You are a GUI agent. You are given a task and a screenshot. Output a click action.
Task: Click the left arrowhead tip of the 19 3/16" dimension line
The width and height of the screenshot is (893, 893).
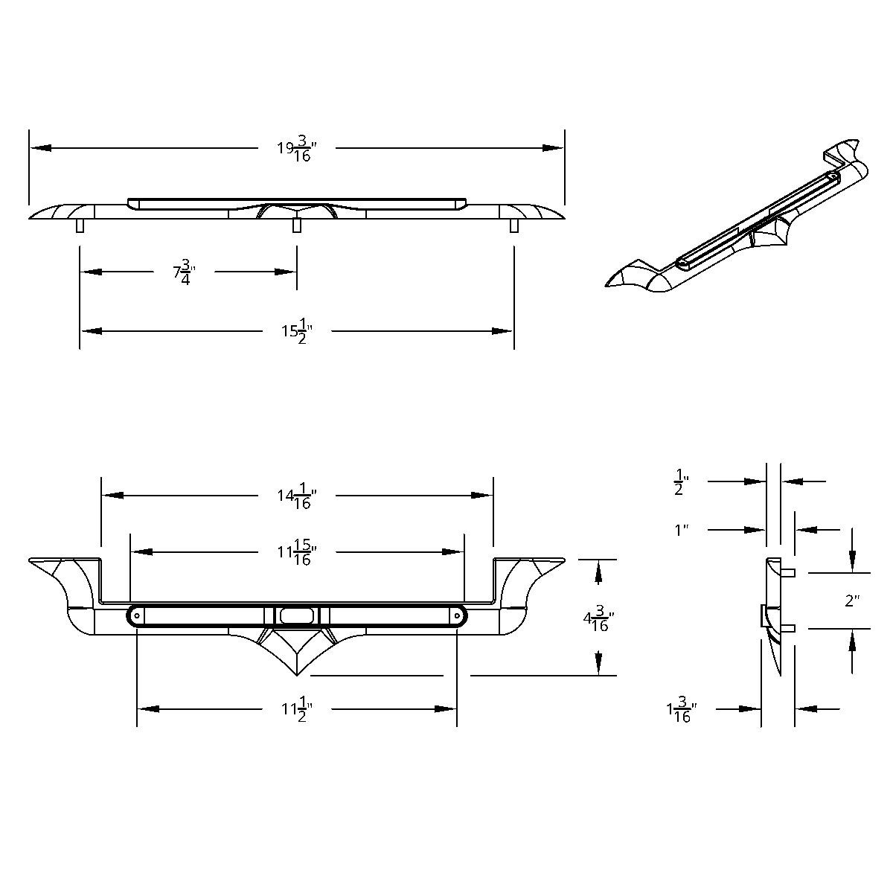click(x=30, y=148)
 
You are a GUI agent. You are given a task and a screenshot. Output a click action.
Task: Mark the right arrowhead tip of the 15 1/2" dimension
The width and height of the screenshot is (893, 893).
click(x=513, y=331)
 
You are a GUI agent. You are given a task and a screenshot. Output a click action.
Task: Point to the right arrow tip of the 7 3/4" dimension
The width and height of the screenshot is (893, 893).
click(x=296, y=272)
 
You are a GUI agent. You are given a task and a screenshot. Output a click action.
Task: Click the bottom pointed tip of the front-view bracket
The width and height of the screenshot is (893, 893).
click(x=297, y=676)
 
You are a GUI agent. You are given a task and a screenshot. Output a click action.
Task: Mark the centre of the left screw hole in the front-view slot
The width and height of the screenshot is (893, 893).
click(x=137, y=616)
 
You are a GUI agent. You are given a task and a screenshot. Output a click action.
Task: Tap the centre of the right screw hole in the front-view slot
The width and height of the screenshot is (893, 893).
click(x=458, y=616)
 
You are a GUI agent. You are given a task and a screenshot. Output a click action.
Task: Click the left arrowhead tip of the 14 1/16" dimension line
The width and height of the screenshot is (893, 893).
click(x=103, y=496)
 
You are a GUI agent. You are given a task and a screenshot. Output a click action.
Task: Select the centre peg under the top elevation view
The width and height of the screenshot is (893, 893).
click(x=297, y=225)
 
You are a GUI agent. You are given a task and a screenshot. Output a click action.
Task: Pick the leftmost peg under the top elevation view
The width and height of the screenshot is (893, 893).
click(x=80, y=225)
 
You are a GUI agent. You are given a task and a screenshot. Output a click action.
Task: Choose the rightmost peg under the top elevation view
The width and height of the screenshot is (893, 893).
click(x=513, y=225)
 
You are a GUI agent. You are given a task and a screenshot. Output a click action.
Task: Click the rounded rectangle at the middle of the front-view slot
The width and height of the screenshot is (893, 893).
click(x=297, y=616)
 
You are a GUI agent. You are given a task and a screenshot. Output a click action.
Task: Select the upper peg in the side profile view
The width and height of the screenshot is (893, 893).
click(x=788, y=573)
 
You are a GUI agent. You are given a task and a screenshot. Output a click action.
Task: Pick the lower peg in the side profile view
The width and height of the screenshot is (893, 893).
click(x=788, y=628)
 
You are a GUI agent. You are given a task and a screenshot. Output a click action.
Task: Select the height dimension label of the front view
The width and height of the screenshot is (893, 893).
click(x=599, y=618)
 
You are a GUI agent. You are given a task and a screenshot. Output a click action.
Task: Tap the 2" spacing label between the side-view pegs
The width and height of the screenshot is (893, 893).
click(x=852, y=601)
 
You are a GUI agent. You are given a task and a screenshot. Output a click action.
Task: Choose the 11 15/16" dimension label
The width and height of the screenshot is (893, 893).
click(x=297, y=552)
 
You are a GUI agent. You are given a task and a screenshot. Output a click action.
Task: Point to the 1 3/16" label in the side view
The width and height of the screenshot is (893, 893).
click(x=682, y=709)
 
